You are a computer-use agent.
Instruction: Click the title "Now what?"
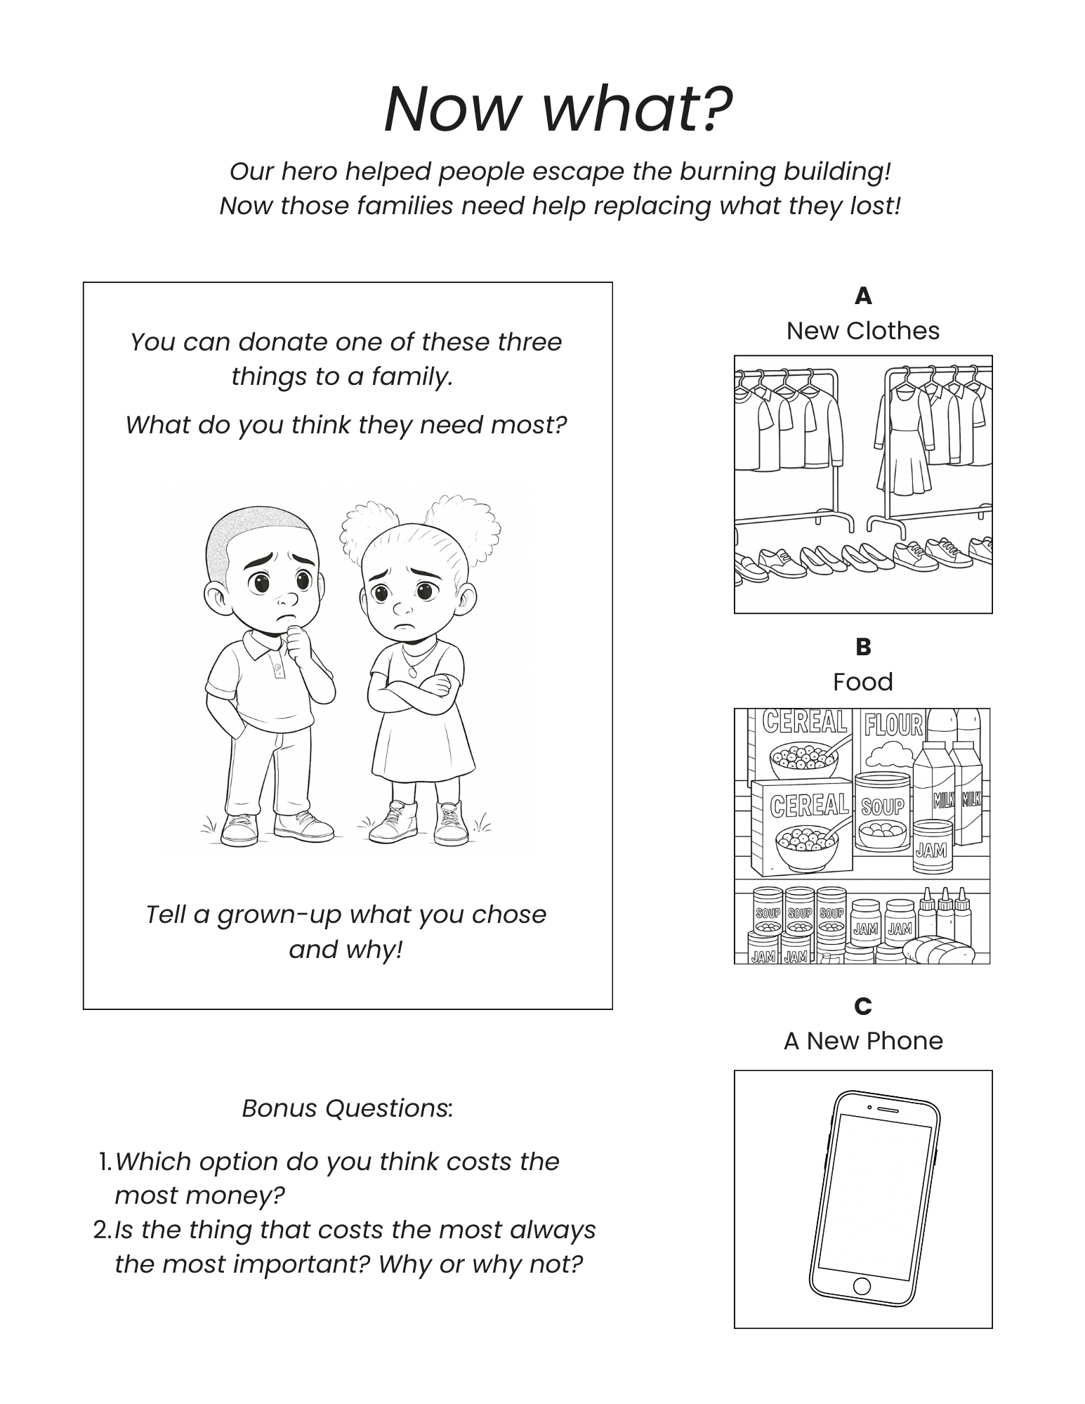pyautogui.click(x=558, y=109)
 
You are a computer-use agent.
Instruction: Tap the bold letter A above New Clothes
pyautogui.click(x=863, y=296)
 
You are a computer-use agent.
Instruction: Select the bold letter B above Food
pyautogui.click(x=863, y=647)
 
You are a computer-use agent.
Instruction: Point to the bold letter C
pyautogui.click(x=863, y=1006)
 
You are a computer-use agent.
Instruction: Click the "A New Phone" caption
pyautogui.click(x=863, y=1041)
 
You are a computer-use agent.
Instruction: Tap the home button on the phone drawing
pyautogui.click(x=862, y=1286)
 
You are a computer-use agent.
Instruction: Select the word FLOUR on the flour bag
pyautogui.click(x=893, y=725)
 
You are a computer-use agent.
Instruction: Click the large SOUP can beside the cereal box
pyautogui.click(x=883, y=811)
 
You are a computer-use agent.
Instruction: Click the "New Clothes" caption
pyautogui.click(x=863, y=331)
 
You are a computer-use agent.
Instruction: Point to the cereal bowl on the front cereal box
pyautogui.click(x=808, y=846)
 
